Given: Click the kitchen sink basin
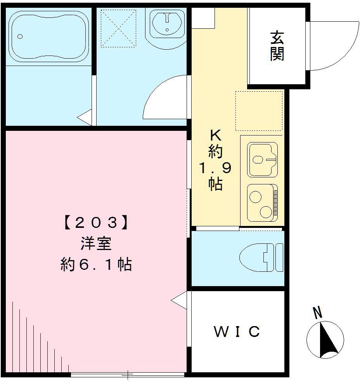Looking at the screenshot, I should [x=263, y=159].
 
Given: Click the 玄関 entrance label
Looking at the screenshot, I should [x=277, y=46].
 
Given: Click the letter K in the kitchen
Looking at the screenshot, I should [x=215, y=135].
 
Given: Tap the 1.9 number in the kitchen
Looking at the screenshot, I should [x=215, y=168].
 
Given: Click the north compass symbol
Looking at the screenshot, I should [x=325, y=339].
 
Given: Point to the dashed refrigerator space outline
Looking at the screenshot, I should [x=259, y=111].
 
